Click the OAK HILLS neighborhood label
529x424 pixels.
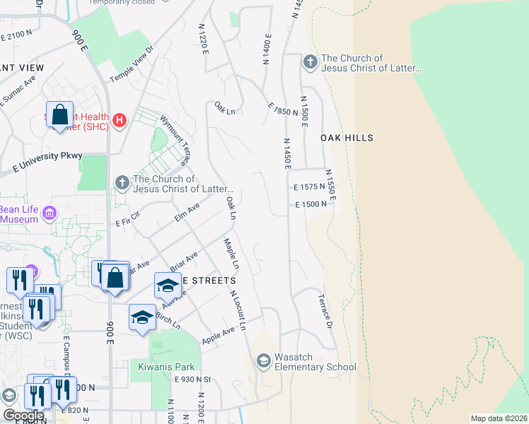(x=347, y=138)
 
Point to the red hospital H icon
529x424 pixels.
(x=120, y=121)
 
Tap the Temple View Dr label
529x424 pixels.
(x=131, y=65)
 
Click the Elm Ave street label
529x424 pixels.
(x=187, y=212)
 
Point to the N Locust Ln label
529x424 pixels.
(x=237, y=312)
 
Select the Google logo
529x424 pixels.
(x=23, y=416)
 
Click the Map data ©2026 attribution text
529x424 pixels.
(x=499, y=418)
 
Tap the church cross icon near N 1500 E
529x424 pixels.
(x=310, y=63)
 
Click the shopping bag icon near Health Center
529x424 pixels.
(x=60, y=114)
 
